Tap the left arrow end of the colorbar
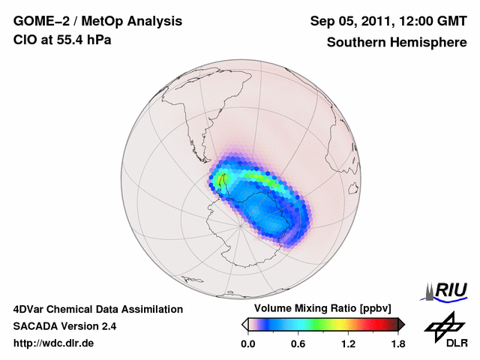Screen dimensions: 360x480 tap(244, 324)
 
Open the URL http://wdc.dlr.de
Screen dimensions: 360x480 tap(54, 343)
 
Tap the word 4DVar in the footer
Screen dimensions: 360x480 tap(31, 309)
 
